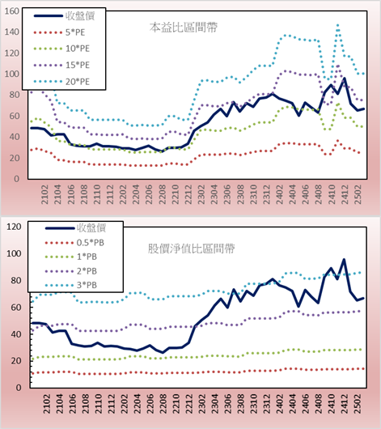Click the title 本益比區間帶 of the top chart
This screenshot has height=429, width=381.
click(x=184, y=28)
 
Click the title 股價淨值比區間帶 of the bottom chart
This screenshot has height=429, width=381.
click(x=191, y=248)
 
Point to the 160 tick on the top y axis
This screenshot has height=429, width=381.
click(x=12, y=11)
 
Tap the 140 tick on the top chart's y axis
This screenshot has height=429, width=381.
click(x=12, y=32)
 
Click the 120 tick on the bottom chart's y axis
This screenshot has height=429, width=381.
click(x=14, y=227)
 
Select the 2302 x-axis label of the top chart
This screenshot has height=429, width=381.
click(x=201, y=194)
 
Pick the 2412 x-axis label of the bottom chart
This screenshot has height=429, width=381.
click(x=345, y=404)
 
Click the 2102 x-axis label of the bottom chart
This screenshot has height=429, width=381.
click(x=46, y=404)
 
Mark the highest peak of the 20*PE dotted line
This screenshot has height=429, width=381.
click(x=338, y=25)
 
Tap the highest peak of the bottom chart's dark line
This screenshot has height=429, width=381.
click(x=344, y=259)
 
